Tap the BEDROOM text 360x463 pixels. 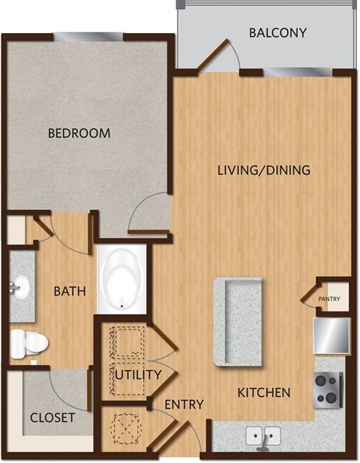point(79,134)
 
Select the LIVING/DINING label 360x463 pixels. point(263,170)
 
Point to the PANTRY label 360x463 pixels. point(329,299)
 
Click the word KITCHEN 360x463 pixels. point(264,392)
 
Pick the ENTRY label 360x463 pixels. point(184,404)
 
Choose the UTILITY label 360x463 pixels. point(138,374)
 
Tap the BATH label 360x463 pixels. point(69,290)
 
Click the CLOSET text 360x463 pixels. point(52,417)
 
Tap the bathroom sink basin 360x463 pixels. point(20,286)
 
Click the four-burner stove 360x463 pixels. point(328,389)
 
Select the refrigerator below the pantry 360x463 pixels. point(331,335)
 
